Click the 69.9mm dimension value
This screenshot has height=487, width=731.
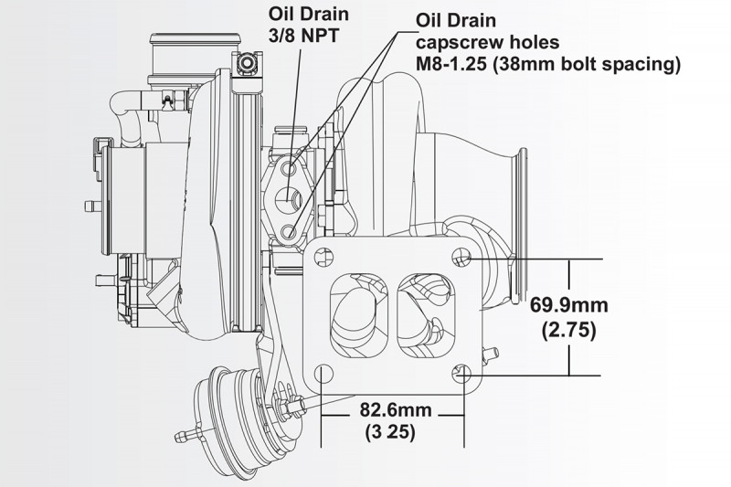pyautogui.click(x=568, y=306)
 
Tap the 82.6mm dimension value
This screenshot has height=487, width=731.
pyautogui.click(x=396, y=410)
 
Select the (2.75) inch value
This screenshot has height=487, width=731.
pyautogui.click(x=568, y=331)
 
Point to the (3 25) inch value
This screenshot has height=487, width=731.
pyautogui.click(x=390, y=432)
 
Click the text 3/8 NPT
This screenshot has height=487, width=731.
pyautogui.click(x=303, y=37)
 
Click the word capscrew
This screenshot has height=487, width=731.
pyautogui.click(x=452, y=43)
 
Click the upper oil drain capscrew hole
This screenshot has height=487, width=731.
pyautogui.click(x=291, y=167)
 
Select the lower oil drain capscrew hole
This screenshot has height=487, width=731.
pyautogui.click(x=290, y=230)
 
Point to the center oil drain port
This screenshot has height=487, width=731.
pyautogui.click(x=290, y=199)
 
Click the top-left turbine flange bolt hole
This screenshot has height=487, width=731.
pyautogui.click(x=323, y=258)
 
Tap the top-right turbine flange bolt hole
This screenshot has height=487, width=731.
pyautogui.click(x=461, y=257)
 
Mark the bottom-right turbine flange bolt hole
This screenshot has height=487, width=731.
pyautogui.click(x=461, y=373)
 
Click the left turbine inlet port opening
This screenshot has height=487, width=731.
pyautogui.click(x=359, y=315)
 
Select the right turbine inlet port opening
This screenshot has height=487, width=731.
pyautogui.click(x=426, y=315)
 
